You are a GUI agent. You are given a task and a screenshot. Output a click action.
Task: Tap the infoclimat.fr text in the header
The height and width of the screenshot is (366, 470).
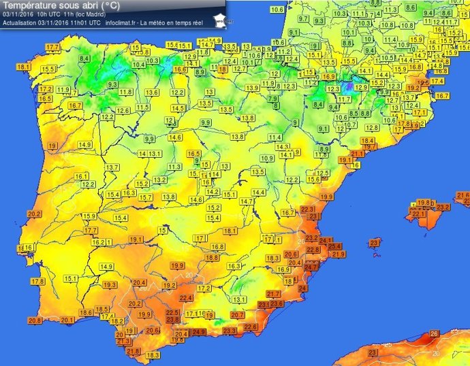122,22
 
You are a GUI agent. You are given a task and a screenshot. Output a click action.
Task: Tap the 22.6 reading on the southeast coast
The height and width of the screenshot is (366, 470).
251,327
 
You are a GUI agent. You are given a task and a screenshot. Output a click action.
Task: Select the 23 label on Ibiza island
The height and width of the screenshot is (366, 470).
374,243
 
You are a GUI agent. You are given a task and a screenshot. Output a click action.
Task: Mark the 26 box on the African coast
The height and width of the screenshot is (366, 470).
434,334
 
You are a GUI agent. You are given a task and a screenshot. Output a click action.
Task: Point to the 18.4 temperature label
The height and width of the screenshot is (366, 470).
368,141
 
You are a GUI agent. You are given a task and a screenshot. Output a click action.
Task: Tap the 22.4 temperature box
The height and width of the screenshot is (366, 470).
186,298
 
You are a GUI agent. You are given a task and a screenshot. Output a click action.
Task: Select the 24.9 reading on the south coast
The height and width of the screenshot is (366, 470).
199,332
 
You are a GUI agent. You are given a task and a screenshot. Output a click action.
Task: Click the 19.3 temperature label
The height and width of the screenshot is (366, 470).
110,285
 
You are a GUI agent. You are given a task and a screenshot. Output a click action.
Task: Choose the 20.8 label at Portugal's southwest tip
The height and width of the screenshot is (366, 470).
35,320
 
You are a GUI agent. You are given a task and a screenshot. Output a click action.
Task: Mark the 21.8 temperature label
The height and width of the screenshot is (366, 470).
134,351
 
